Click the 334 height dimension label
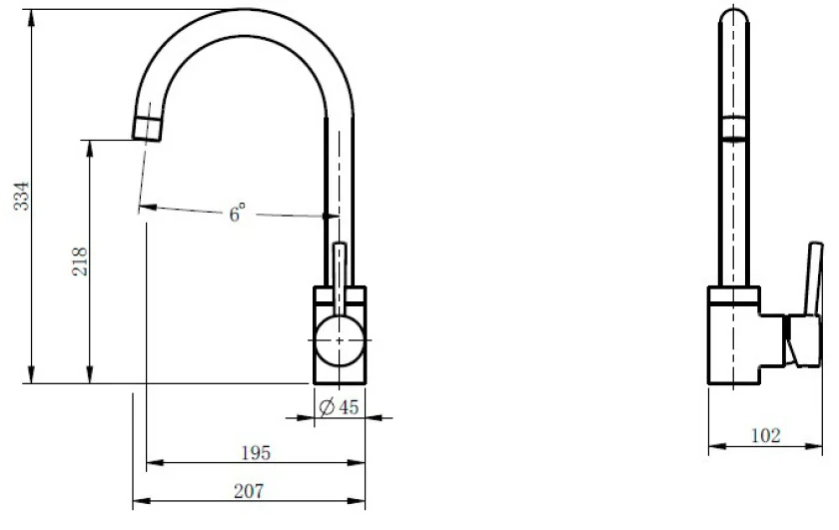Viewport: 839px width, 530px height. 21,196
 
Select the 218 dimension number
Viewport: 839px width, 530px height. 79,261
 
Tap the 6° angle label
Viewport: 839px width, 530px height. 237,213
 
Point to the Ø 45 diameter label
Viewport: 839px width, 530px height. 339,407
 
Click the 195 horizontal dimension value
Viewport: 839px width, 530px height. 256,453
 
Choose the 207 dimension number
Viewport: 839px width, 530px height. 249,491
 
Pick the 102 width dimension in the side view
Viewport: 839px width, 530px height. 766,435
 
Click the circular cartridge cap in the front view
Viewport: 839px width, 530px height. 340,340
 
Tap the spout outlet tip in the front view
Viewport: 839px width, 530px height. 147,129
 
